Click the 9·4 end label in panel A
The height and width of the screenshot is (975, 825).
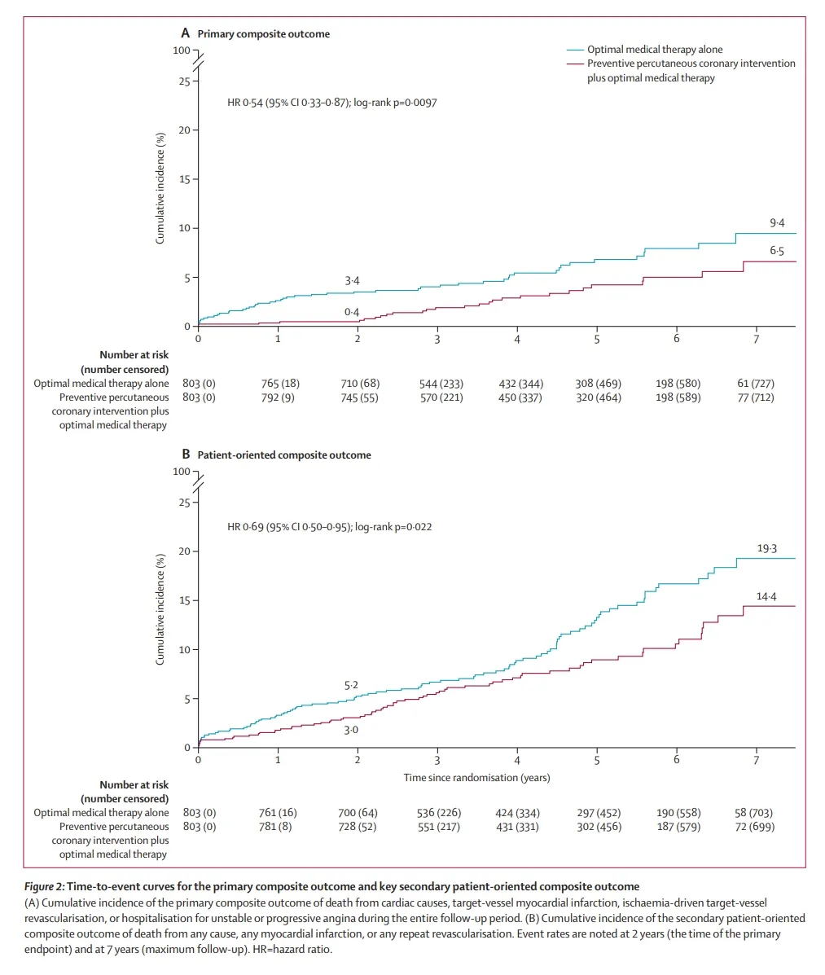point(777,222)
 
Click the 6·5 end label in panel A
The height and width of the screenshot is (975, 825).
point(777,252)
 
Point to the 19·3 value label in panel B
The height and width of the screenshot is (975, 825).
point(766,548)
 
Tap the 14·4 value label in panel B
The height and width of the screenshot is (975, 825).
point(766,596)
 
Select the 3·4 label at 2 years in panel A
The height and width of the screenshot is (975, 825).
point(352,281)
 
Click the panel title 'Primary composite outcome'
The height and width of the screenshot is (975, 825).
point(263,34)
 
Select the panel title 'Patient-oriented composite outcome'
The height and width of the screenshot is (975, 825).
point(283,455)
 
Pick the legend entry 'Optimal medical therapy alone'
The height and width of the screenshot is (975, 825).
point(655,50)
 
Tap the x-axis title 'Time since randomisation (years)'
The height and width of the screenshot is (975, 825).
point(476,778)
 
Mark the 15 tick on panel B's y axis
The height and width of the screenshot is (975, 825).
point(185,601)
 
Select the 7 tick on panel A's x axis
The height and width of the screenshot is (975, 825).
point(756,338)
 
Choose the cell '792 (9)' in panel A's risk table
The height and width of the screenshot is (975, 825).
point(278,397)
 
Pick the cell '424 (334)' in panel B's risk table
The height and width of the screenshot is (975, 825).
point(517,813)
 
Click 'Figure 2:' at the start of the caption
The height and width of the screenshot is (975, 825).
point(43,886)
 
